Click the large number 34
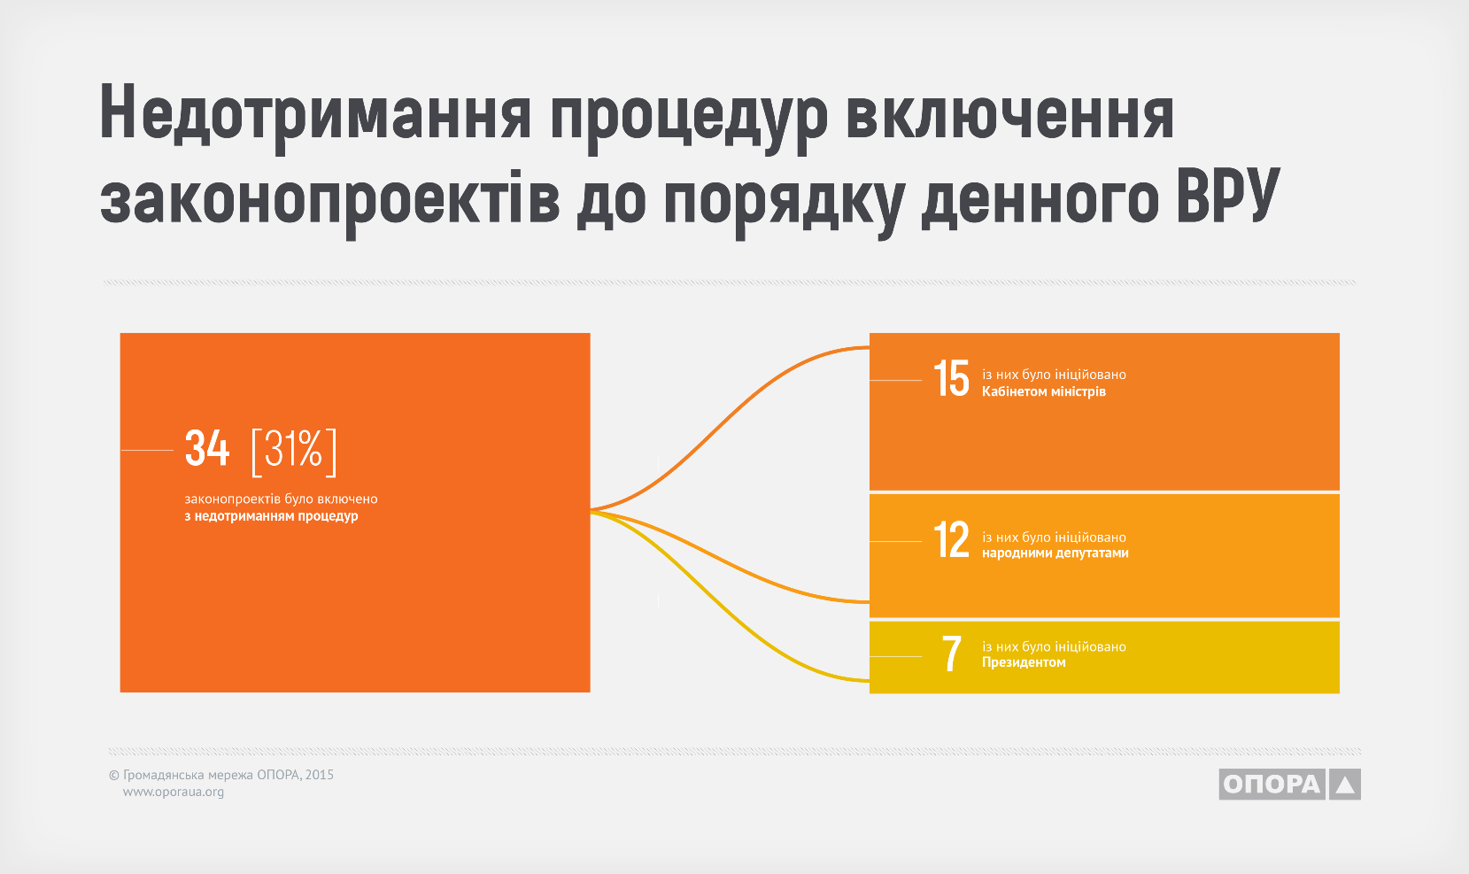207,449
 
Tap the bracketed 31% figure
295,451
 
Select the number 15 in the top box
951,379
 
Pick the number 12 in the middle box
951,540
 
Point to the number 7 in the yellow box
952,654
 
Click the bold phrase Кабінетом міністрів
1043,391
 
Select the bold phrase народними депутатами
1055,553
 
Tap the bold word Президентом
1024,662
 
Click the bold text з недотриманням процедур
271,516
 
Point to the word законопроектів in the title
330,200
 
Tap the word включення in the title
1010,112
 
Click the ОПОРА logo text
1272,785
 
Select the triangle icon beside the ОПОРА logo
1345,785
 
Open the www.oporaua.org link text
174,792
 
